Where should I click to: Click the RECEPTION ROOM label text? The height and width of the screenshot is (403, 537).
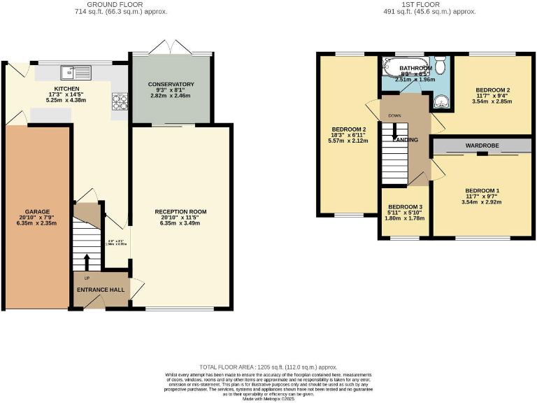tap(180, 211)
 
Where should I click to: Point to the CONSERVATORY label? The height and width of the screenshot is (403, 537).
tap(171, 85)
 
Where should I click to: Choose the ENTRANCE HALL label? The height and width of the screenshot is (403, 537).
tap(100, 290)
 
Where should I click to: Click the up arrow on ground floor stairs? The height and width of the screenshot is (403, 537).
tap(87, 262)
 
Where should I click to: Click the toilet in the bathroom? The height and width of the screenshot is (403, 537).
tap(440, 65)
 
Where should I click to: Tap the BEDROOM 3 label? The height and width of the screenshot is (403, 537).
tap(406, 207)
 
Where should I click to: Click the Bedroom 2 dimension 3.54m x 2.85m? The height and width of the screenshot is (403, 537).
tap(492, 101)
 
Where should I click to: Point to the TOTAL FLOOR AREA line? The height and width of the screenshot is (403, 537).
tap(268, 367)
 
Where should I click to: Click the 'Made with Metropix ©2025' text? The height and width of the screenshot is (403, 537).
tap(268, 398)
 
